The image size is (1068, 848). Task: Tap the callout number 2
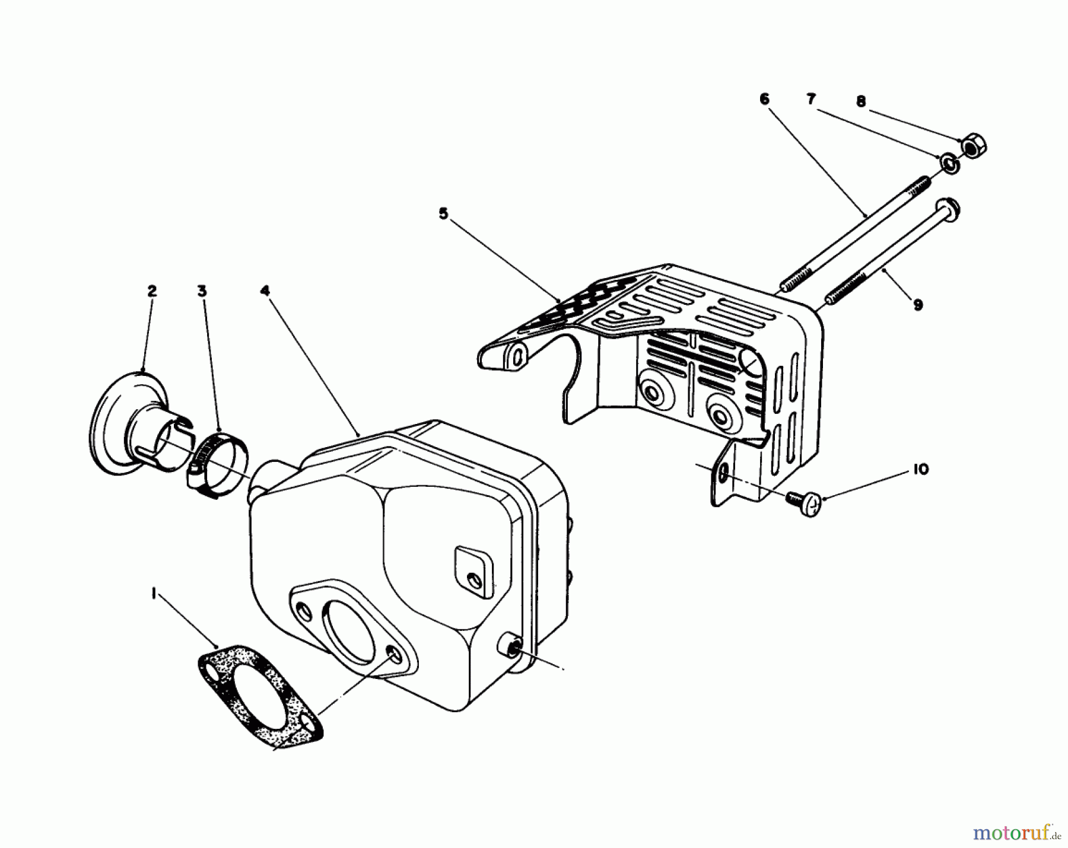pos(152,291)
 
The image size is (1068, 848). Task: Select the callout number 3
pos(203,291)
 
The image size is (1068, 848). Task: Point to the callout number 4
pos(265,291)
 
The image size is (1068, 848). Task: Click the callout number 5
pos(443,213)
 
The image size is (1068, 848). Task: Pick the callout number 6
pos(764,99)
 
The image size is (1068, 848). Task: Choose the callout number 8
pos(861,102)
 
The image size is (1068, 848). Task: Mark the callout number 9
pos(918,305)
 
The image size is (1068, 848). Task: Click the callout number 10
pos(921,469)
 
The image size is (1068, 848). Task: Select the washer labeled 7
pos(948,163)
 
